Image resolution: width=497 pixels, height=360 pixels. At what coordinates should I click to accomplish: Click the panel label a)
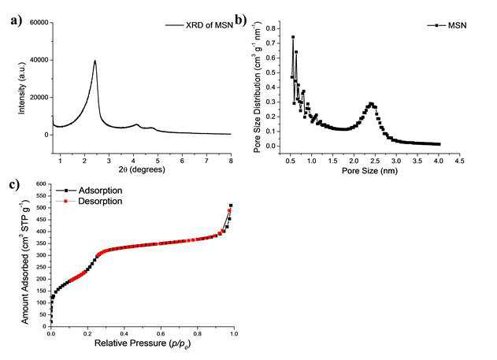(17, 20)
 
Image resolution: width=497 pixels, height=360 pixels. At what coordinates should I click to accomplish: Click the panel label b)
(240, 20)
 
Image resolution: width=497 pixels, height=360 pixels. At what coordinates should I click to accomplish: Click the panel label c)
(15, 184)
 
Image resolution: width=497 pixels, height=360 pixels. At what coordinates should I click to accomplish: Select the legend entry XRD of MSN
(199, 25)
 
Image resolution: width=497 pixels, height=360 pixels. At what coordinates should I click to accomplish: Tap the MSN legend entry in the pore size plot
(447, 25)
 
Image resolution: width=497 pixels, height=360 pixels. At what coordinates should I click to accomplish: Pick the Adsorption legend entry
(89, 191)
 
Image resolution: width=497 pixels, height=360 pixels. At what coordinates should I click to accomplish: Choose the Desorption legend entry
(89, 201)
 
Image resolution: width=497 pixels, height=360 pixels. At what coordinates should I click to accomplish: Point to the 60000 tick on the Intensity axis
(39, 23)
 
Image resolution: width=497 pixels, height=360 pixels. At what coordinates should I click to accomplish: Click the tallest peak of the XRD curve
(95, 61)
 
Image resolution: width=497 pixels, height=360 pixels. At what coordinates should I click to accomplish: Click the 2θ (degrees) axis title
(142, 169)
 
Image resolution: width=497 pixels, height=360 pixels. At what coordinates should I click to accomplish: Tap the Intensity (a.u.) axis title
(22, 88)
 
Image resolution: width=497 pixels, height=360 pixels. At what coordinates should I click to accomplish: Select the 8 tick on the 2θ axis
(231, 161)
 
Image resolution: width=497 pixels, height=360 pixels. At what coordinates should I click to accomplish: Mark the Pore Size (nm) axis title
(369, 171)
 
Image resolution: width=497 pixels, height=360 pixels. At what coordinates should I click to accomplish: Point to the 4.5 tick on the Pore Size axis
(460, 161)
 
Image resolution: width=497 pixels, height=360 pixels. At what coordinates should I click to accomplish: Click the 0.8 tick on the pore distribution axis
(271, 28)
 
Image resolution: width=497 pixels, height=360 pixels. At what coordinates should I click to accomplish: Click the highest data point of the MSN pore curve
(293, 37)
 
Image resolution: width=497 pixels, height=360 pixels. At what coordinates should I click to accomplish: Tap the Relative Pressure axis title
(143, 343)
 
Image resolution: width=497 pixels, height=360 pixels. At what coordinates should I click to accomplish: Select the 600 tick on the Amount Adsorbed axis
(41, 184)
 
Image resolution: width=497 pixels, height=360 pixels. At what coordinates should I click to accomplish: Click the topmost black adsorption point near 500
(231, 206)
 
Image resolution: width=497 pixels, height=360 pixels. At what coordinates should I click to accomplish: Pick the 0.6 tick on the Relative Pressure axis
(161, 334)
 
